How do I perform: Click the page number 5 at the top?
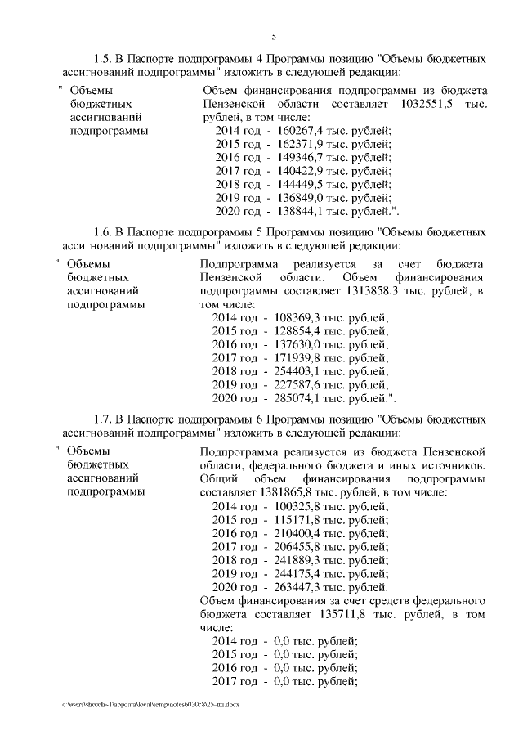pos(274,36)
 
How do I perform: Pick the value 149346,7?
pos(300,157)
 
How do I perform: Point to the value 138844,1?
pos(300,210)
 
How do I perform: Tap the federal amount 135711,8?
pos(331,613)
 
